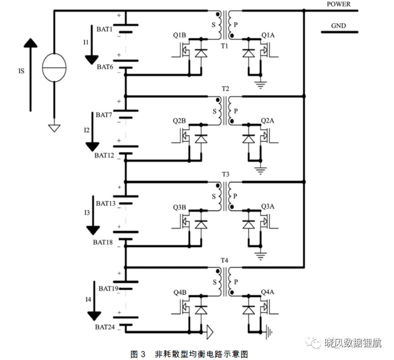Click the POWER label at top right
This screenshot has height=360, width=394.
(x=338, y=4)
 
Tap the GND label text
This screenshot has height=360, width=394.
(x=338, y=26)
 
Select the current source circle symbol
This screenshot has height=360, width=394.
(x=54, y=67)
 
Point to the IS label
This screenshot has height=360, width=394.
(x=21, y=71)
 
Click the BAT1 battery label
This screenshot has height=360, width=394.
(x=104, y=29)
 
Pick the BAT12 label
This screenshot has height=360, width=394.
(x=104, y=155)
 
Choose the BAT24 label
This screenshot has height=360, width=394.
(x=105, y=327)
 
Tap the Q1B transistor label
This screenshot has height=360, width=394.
(x=179, y=35)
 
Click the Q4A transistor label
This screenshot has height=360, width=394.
(x=268, y=292)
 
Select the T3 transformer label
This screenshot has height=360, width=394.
(x=225, y=174)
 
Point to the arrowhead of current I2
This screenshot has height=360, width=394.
(x=93, y=147)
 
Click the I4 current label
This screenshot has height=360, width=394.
(x=88, y=299)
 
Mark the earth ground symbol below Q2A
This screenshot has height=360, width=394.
(x=260, y=170)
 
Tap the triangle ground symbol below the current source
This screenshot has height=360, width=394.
(x=54, y=129)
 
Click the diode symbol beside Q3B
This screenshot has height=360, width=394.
(x=201, y=224)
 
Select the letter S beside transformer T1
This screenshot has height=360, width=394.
(x=213, y=25)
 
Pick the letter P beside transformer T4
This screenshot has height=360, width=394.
(x=236, y=282)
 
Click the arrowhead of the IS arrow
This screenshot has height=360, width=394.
(x=31, y=43)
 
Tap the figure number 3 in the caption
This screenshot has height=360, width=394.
(x=143, y=354)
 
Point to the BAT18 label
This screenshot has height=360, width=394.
(x=103, y=242)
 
